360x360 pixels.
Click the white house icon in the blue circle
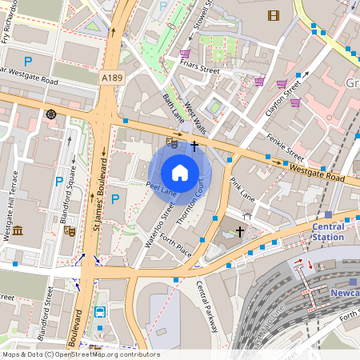pyautogui.click(x=180, y=172)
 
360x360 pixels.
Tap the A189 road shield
pyautogui.click(x=113, y=78)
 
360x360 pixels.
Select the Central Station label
pyautogui.click(x=328, y=231)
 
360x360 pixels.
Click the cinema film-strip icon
pyautogui.click(x=274, y=15)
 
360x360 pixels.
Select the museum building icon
pyautogui.click(x=18, y=231)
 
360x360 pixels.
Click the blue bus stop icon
pyautogui.click(x=100, y=312)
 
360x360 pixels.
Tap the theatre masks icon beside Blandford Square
pyautogui.click(x=70, y=230)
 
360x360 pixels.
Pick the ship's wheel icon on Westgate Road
pyautogui.click(x=52, y=114)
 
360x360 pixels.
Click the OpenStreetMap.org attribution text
pyautogui.click(x=104, y=354)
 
